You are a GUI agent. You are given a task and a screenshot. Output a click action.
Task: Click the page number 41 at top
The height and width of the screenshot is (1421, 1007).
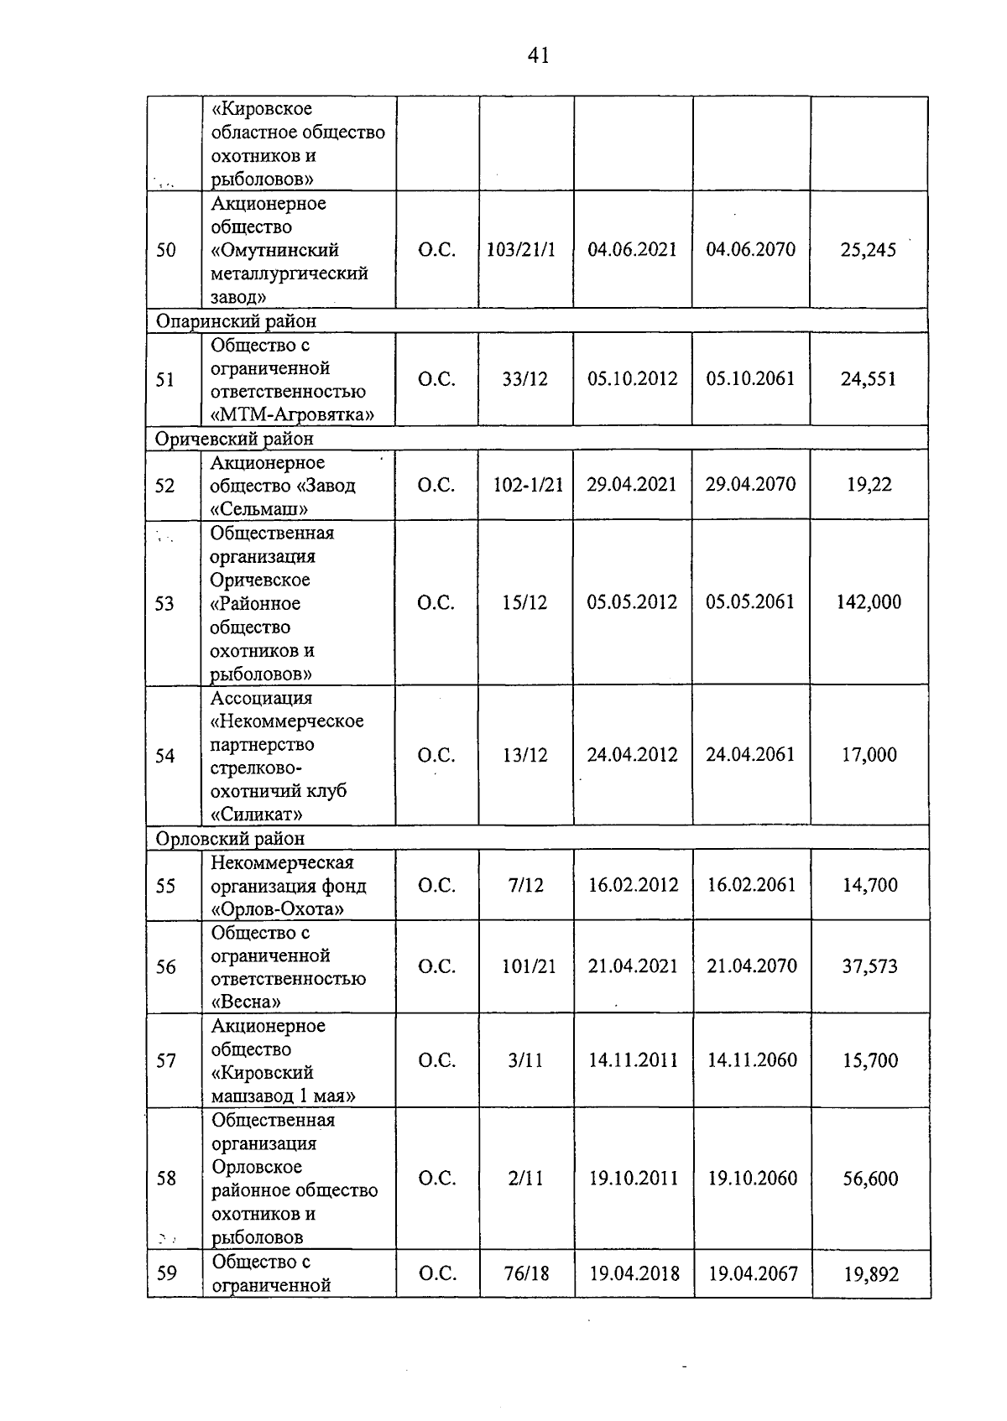click(x=538, y=56)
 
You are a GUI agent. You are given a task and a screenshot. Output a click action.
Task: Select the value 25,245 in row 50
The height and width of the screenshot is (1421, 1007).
click(x=869, y=250)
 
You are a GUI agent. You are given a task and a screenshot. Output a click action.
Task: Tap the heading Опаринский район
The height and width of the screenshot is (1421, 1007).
click(x=237, y=321)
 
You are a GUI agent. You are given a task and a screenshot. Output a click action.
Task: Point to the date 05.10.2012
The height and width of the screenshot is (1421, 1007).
click(x=633, y=378)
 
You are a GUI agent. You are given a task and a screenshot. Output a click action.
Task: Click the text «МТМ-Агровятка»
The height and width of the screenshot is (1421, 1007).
click(x=292, y=414)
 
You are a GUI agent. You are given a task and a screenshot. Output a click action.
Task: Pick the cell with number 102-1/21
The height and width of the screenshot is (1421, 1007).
click(x=528, y=485)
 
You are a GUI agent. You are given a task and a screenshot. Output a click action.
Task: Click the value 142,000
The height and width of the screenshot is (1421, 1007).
click(x=869, y=602)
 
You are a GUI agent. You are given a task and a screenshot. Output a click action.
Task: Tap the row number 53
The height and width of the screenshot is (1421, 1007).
click(x=165, y=604)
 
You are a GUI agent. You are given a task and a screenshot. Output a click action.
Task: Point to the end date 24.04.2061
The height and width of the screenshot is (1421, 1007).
click(x=750, y=755)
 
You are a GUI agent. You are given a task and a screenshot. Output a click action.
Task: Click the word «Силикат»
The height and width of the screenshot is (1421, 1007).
click(x=257, y=814)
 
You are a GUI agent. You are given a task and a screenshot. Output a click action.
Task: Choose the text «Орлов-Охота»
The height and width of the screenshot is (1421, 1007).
click(x=277, y=909)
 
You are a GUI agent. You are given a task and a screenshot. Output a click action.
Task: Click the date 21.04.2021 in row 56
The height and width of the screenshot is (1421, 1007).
click(x=633, y=966)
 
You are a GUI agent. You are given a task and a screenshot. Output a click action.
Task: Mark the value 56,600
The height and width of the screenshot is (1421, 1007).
click(x=870, y=1179)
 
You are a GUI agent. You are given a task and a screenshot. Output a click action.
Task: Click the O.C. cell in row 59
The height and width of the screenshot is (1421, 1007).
click(x=437, y=1273)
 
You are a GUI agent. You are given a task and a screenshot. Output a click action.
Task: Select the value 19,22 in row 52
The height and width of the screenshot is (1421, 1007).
click(x=869, y=485)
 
